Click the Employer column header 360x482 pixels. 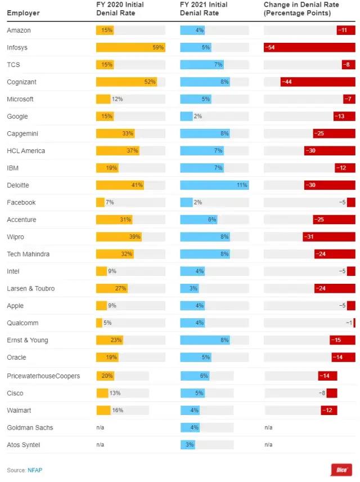23,13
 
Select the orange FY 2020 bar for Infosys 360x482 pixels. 130,48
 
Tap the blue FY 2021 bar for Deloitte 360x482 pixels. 214,185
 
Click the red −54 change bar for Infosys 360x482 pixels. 309,48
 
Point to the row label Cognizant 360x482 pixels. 21,82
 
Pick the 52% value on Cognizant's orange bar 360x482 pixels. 150,82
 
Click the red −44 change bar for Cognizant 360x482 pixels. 318,82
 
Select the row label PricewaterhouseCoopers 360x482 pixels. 43,376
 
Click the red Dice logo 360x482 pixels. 341,470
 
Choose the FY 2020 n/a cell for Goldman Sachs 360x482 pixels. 100,428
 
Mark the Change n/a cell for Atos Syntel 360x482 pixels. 268,445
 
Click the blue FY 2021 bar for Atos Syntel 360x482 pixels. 187,445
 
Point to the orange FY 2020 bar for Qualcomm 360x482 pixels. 99,323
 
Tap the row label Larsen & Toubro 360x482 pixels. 30,289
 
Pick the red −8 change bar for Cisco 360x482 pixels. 331,393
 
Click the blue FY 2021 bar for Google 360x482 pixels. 186,117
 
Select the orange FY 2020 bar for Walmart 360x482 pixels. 103,410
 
